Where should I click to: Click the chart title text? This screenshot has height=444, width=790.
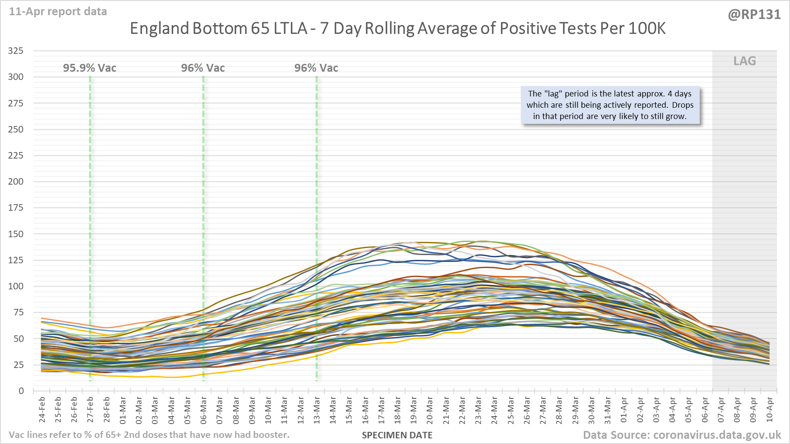pos(398,29)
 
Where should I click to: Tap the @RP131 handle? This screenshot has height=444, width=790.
pos(754,15)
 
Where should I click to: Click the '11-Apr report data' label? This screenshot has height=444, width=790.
pos(58,12)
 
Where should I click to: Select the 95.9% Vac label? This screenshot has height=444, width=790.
pos(89,68)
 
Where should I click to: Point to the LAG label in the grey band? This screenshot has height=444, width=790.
pos(744,61)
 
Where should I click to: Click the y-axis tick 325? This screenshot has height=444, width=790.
pos(16,51)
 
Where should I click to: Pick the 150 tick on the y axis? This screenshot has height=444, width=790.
pos(16,234)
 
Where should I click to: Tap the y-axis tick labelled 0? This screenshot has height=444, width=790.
pos(21,391)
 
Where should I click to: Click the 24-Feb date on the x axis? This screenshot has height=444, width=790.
pos(42,410)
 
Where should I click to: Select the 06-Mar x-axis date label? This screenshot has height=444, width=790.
pos(204,410)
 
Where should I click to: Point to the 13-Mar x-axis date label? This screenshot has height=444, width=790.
pos(317,410)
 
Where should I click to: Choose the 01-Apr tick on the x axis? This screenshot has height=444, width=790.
pos(624,410)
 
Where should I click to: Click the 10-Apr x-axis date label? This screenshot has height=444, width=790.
pos(769,410)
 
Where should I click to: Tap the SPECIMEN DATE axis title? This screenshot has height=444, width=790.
pos(397,435)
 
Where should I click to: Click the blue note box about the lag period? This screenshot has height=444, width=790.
pos(610,105)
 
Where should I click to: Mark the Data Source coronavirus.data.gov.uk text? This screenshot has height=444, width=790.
pos(681,435)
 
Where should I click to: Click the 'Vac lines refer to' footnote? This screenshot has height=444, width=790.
pos(149,435)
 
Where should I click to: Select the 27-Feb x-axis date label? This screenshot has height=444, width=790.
pos(90,410)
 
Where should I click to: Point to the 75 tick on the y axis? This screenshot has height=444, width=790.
pos(18,312)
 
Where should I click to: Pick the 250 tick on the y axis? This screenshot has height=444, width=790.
pos(16,129)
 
